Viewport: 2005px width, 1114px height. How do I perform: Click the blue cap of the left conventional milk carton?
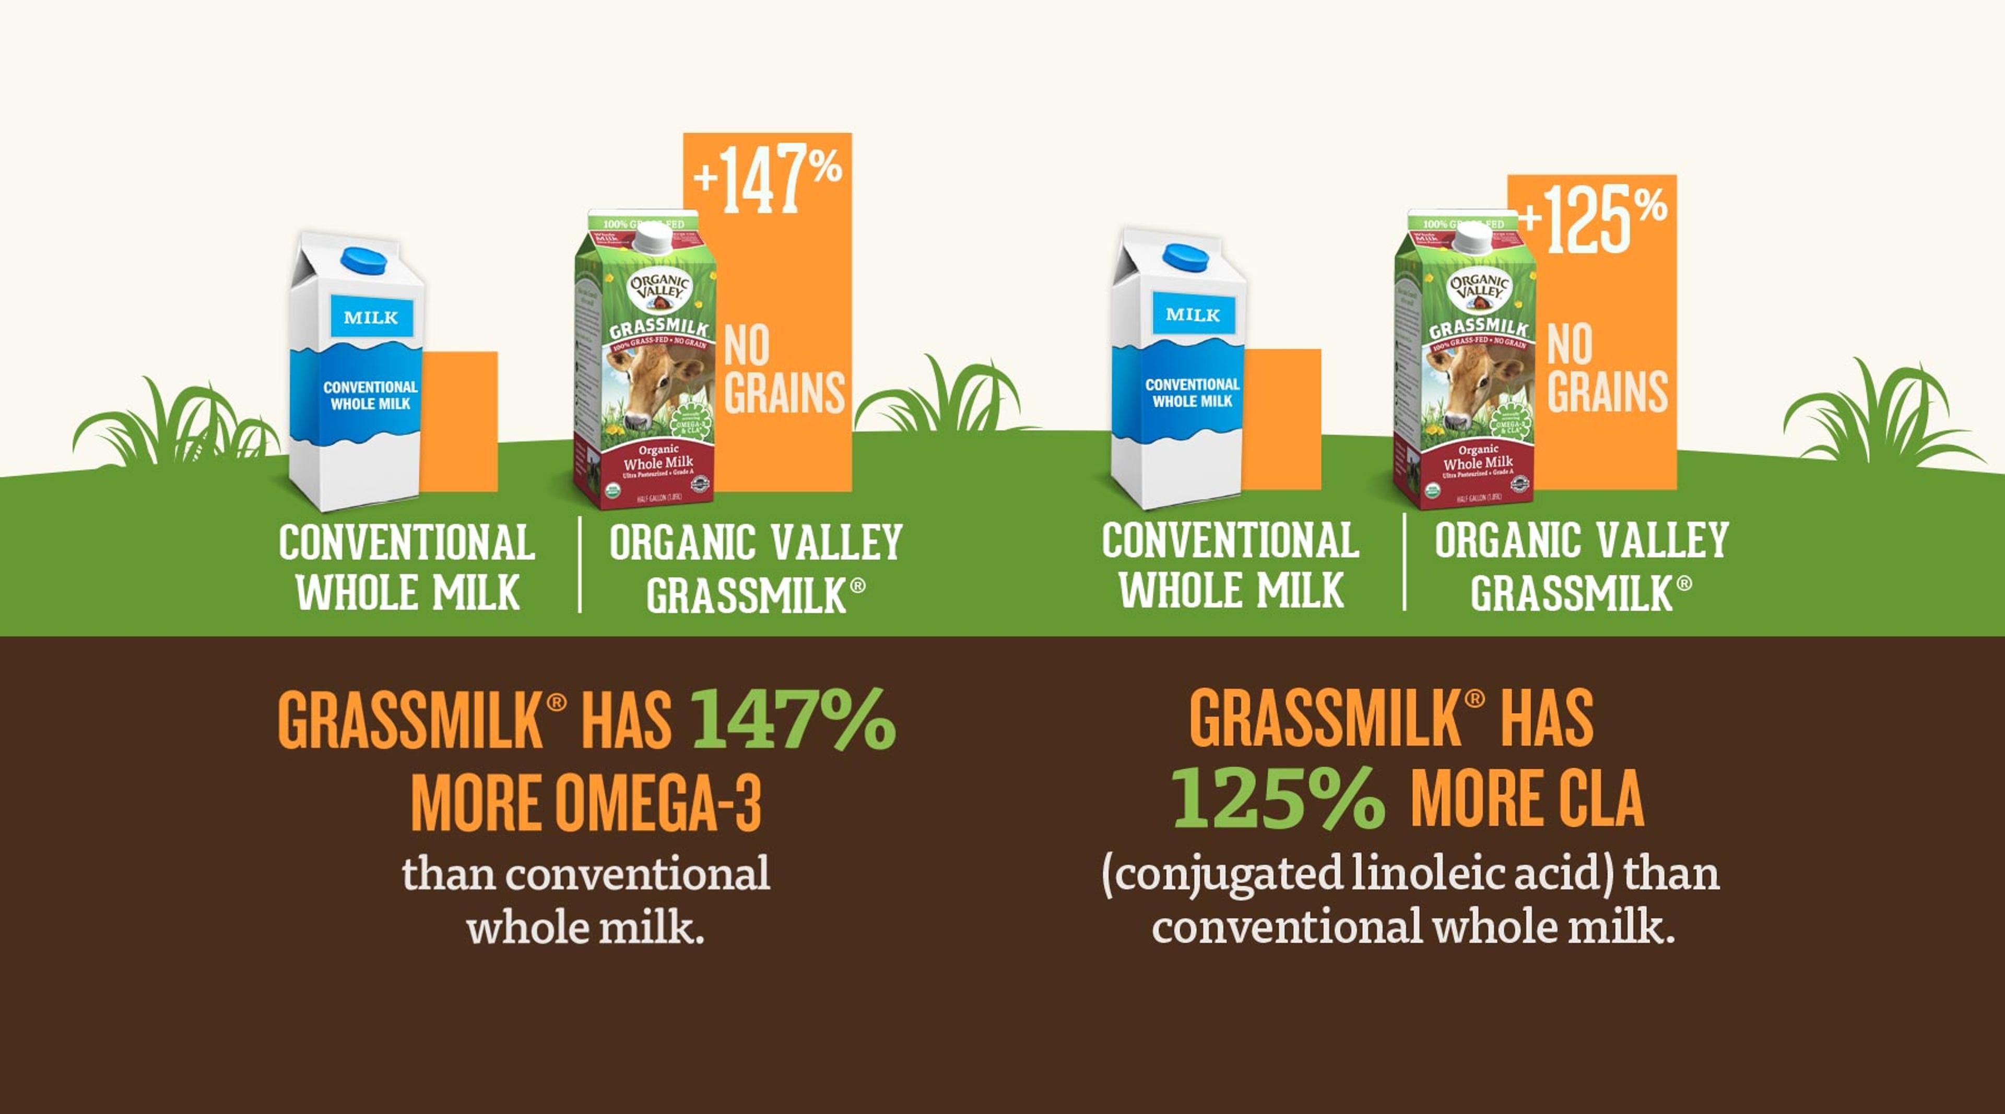pos(363,260)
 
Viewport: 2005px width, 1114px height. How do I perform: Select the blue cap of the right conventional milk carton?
pos(1185,257)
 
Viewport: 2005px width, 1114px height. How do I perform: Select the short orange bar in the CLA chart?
pos(1281,419)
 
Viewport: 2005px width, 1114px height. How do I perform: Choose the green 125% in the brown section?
pos(1278,800)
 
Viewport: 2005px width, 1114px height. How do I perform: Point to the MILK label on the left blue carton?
pos(371,317)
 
